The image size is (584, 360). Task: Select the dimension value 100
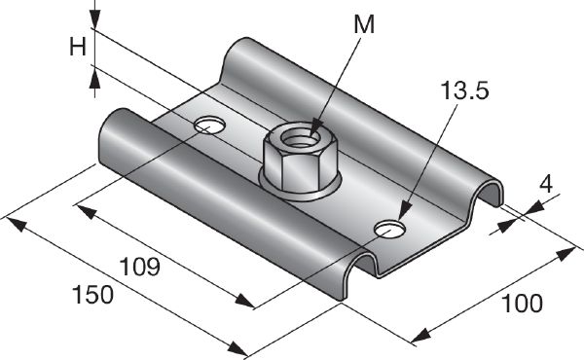click(x=523, y=305)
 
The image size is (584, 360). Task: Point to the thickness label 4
click(x=547, y=182)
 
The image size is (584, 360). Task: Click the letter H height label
click(x=79, y=46)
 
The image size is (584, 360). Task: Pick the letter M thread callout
click(x=363, y=26)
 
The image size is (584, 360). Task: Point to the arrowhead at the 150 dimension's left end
click(x=14, y=223)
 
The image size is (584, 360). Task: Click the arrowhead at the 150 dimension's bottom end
click(x=238, y=348)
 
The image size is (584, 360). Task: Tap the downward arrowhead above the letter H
click(x=93, y=22)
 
